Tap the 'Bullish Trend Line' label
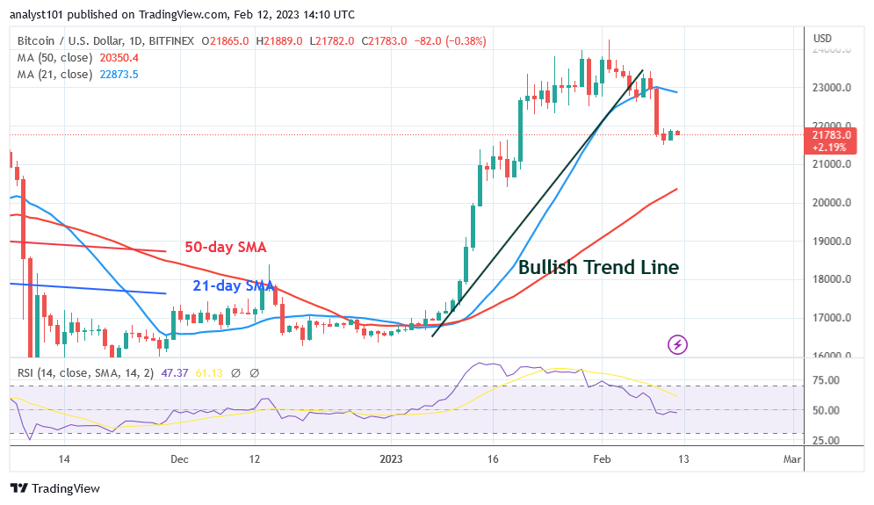(598, 268)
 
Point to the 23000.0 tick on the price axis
(831, 88)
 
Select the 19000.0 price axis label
(831, 242)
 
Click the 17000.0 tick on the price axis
(831, 318)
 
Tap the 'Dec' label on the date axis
(178, 458)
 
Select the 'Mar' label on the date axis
(791, 458)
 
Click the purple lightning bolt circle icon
(677, 344)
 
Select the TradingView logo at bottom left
(54, 488)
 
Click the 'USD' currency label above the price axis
(823, 39)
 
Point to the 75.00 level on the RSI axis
(826, 380)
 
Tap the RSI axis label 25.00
(826, 441)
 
